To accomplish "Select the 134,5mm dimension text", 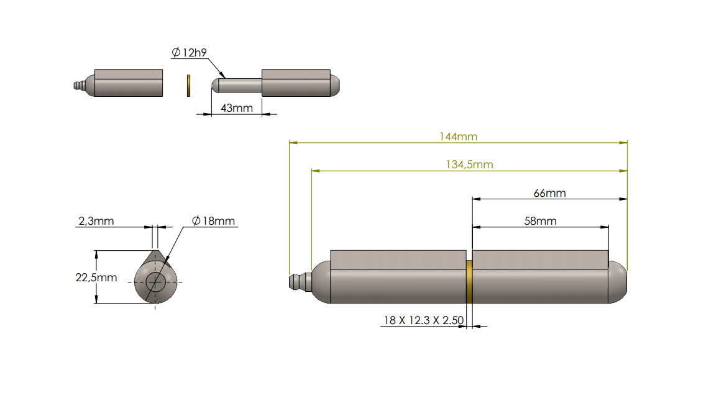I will [469, 165].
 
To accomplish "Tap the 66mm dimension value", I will [550, 193].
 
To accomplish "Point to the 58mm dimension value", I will [540, 221].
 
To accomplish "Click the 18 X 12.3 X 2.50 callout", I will [423, 320].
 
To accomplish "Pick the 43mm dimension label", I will [237, 108].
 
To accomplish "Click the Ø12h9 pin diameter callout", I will [189, 53].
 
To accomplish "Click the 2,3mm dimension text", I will [96, 221].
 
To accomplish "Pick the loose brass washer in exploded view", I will [188, 86].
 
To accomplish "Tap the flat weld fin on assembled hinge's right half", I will [540, 260].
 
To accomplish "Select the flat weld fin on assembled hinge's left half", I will [398, 260].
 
